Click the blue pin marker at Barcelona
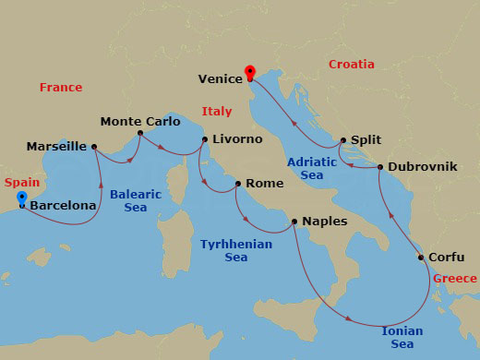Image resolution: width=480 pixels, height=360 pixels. coord(21,198)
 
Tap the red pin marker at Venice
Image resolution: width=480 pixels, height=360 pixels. coord(249,72)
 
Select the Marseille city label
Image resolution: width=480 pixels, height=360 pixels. coord(56,147)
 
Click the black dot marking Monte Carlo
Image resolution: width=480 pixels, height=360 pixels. coord(140,133)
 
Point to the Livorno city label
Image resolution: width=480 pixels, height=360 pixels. coord(237,139)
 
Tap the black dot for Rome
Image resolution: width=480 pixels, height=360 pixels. coord(238,184)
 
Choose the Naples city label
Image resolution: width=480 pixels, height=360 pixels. coord(326,222)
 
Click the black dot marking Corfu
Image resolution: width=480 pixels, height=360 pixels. coord(421,258)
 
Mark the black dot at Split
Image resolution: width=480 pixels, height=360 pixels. coord(343,141)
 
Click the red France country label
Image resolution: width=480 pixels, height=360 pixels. coord(61,88)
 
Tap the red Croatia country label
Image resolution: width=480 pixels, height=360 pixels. coord(352,65)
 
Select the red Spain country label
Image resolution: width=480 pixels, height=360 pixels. coord(22,183)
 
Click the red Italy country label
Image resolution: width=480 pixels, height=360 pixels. coord(216,113)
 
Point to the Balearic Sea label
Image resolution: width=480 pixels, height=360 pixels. coord(136,201)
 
